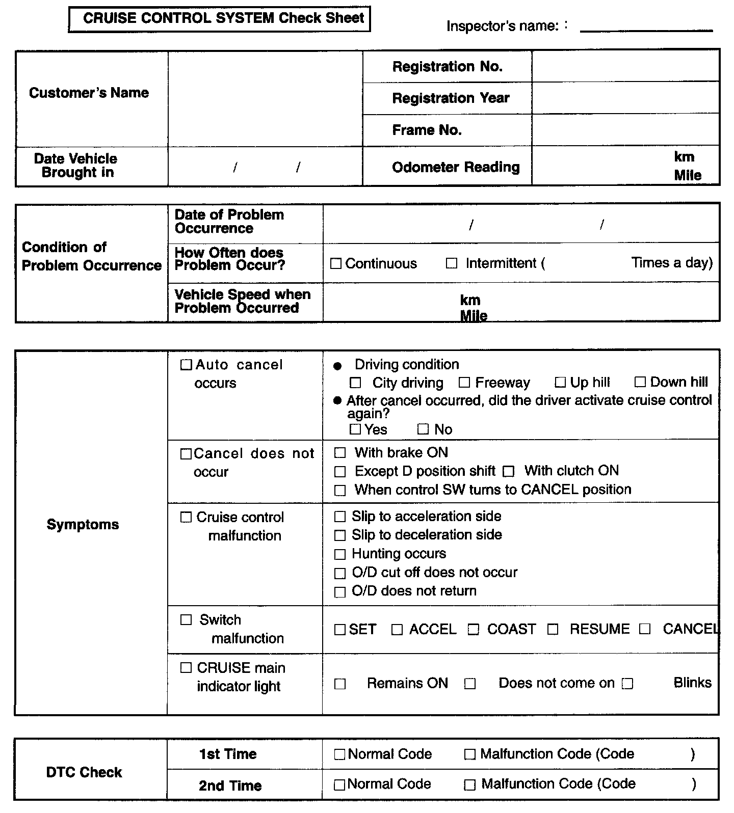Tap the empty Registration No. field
coord(625,66)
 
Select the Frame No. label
coord(427,130)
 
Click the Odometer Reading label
coord(456,167)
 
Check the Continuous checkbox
coord(335,264)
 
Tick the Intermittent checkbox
coord(451,264)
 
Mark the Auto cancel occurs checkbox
coord(186,365)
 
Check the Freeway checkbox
coord(464,383)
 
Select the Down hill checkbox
coord(640,382)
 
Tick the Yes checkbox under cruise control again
coord(355,429)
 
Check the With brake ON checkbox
coord(340,453)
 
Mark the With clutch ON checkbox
coord(508,471)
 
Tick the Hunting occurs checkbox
coord(340,554)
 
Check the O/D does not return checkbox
coord(340,592)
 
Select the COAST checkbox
coord(474,630)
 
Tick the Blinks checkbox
coord(627,684)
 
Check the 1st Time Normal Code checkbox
coord(339,754)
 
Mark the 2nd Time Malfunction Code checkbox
coord(469,785)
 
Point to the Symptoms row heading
coord(83,525)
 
